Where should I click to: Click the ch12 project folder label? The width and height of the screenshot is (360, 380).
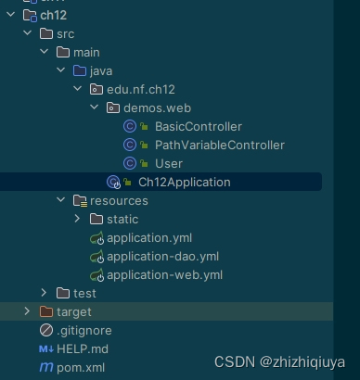click(x=53, y=15)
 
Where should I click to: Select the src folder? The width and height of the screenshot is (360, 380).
click(x=65, y=33)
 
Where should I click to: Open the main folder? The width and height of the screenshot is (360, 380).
click(x=85, y=52)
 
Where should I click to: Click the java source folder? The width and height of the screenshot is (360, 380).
click(x=101, y=70)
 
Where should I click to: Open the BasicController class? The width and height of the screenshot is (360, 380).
click(x=198, y=126)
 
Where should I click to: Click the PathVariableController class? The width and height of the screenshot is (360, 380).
click(x=219, y=145)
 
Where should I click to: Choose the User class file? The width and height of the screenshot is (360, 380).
click(x=168, y=163)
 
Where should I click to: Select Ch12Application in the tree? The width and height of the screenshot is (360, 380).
click(x=184, y=182)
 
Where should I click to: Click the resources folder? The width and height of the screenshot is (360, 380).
click(x=118, y=200)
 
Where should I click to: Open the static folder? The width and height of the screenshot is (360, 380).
click(x=122, y=219)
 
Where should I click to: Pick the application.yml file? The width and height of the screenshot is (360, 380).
click(x=148, y=238)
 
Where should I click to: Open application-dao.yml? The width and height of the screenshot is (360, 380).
click(x=162, y=257)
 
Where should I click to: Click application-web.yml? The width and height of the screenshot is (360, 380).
click(x=164, y=275)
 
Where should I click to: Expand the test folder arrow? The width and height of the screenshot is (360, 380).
click(x=44, y=293)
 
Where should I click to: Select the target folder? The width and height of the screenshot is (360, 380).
click(x=73, y=311)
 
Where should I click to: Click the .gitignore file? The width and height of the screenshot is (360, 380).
click(x=84, y=330)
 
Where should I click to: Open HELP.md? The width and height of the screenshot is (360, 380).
click(x=82, y=348)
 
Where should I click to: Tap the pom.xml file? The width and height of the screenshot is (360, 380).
click(x=80, y=367)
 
